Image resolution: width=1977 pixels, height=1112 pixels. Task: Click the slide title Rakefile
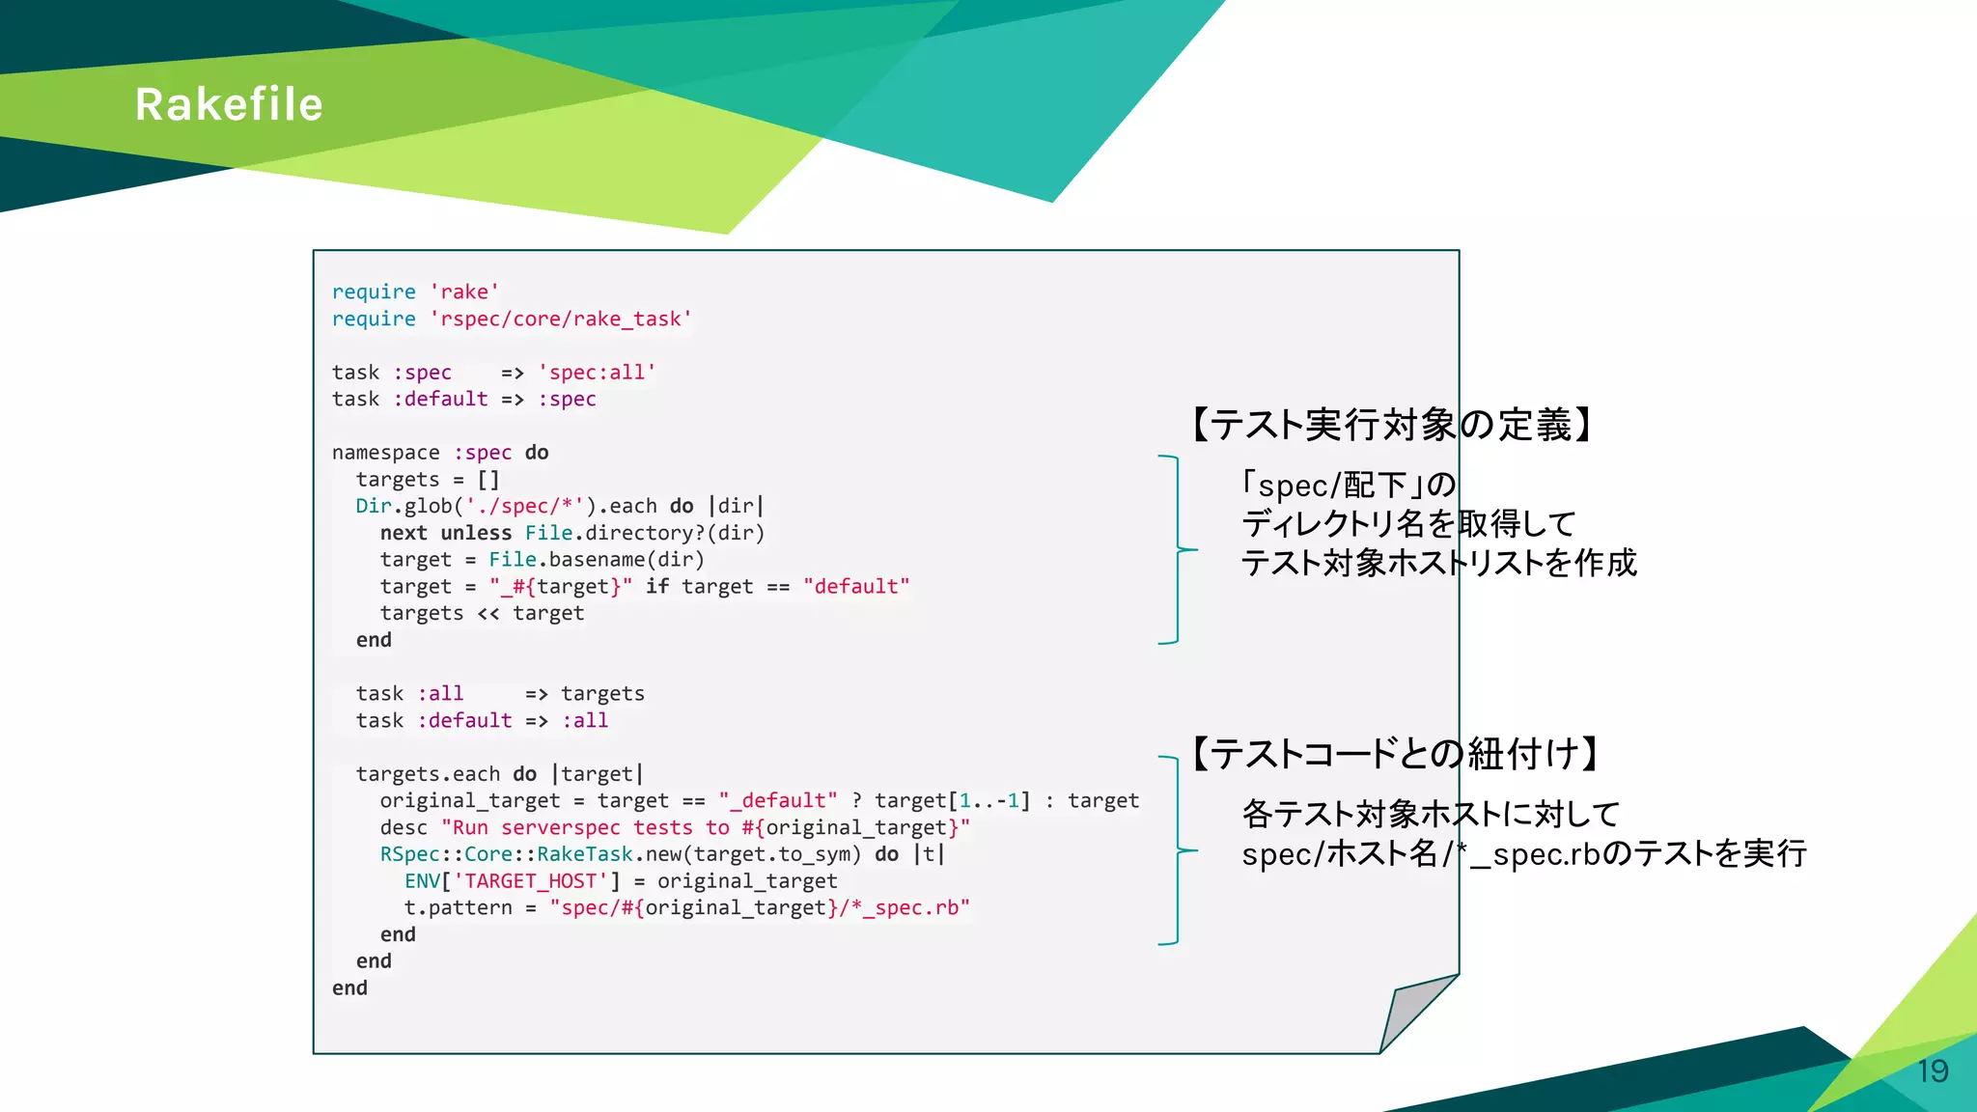[x=229, y=104]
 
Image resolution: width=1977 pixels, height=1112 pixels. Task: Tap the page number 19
[x=1933, y=1071]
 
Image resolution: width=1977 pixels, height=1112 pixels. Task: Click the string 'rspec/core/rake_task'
[x=561, y=320]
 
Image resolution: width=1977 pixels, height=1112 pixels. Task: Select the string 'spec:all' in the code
[x=598, y=373]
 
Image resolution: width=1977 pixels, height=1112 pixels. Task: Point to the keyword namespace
[x=385, y=453]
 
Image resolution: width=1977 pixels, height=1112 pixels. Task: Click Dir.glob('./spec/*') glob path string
[x=525, y=506]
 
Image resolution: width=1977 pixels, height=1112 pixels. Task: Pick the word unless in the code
[x=476, y=533]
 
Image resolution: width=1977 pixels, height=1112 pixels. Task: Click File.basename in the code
[x=548, y=560]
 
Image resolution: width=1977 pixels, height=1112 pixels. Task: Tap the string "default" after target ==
[x=856, y=587]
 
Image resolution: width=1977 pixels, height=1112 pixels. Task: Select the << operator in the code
[x=488, y=614]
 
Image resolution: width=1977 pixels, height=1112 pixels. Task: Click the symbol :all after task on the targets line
[x=440, y=694]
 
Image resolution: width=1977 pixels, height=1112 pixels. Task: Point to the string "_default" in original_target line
[x=778, y=801]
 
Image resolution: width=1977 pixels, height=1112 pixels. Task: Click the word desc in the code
[x=404, y=828]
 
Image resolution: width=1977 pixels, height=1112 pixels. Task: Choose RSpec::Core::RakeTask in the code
[x=506, y=854]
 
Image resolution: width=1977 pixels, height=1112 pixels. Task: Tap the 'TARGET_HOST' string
[x=531, y=881]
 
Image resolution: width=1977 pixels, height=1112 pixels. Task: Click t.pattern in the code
[x=458, y=908]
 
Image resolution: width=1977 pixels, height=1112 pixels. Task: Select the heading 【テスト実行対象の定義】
[x=1391, y=425]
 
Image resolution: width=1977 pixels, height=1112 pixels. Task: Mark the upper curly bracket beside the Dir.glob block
[x=1177, y=549]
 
